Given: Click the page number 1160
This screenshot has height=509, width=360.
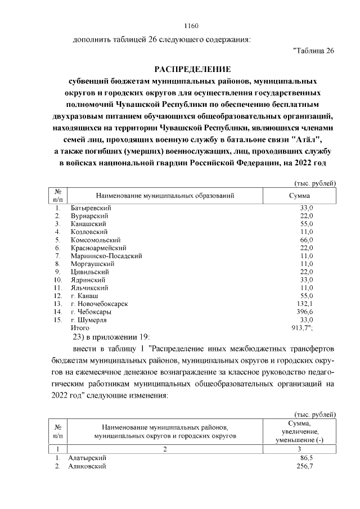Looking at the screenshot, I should click(x=192, y=26).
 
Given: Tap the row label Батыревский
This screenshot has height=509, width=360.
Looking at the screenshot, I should click(x=91, y=208).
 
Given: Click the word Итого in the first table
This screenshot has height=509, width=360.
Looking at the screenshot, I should click(x=80, y=327).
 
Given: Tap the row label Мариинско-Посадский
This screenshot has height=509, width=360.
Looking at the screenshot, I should click(x=106, y=255).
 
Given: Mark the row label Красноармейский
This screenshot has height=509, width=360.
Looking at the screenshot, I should click(x=98, y=247).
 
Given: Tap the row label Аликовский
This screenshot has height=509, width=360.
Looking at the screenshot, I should click(x=86, y=466).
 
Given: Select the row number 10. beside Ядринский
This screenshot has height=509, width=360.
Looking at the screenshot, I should click(x=57, y=280).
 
